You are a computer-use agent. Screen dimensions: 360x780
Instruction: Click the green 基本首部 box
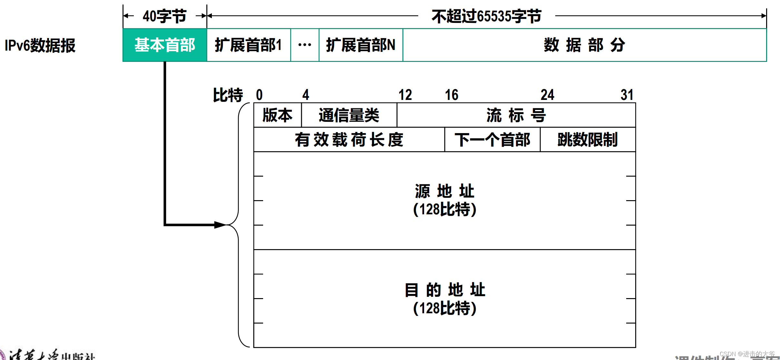coord(165,45)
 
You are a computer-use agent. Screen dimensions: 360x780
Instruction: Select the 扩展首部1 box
coord(248,45)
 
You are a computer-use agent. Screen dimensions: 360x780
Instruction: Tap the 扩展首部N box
coord(360,45)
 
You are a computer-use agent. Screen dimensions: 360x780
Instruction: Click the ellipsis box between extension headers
coord(305,45)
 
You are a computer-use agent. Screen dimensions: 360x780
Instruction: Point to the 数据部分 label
coord(584,45)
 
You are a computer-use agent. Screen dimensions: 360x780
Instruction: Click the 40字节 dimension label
coord(164,16)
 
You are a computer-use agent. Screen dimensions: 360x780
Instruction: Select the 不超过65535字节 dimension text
coord(486,16)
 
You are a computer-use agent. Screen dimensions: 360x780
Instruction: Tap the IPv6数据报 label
coord(40,45)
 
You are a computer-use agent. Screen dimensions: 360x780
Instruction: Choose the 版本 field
coord(277,115)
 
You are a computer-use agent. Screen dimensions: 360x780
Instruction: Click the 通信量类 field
coord(349,115)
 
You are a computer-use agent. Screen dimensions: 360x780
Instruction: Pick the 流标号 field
coord(516,115)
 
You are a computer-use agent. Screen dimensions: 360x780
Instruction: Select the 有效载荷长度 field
coord(349,140)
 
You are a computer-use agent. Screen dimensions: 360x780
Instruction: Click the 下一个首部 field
coord(492,140)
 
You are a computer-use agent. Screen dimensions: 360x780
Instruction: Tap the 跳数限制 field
coord(587,140)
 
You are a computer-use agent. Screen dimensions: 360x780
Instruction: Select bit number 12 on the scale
coord(405,95)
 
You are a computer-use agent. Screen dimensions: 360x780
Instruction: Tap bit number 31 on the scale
coord(627,95)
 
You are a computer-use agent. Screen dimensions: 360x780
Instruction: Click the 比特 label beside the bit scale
coord(228,95)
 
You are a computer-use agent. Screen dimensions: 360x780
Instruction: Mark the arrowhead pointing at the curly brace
coord(221,225)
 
